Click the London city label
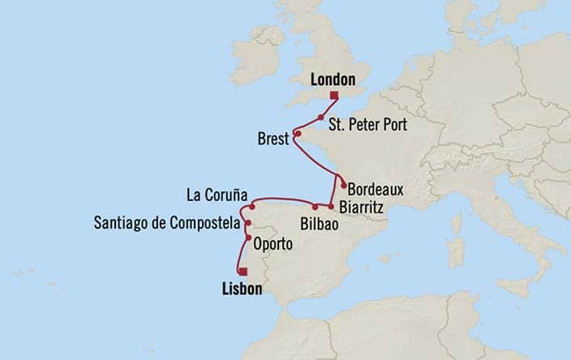(x=333, y=79)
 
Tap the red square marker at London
(x=333, y=95)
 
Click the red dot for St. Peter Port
(x=321, y=118)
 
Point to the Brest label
(x=273, y=139)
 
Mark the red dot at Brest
(x=298, y=134)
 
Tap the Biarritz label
(x=362, y=207)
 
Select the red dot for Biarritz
(x=331, y=206)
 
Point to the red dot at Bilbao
(x=315, y=207)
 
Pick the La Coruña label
(x=215, y=195)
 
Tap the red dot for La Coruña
(x=252, y=207)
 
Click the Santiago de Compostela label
(x=167, y=222)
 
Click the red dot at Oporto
(x=248, y=238)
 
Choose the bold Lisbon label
(x=241, y=288)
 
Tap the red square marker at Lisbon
(x=243, y=272)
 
